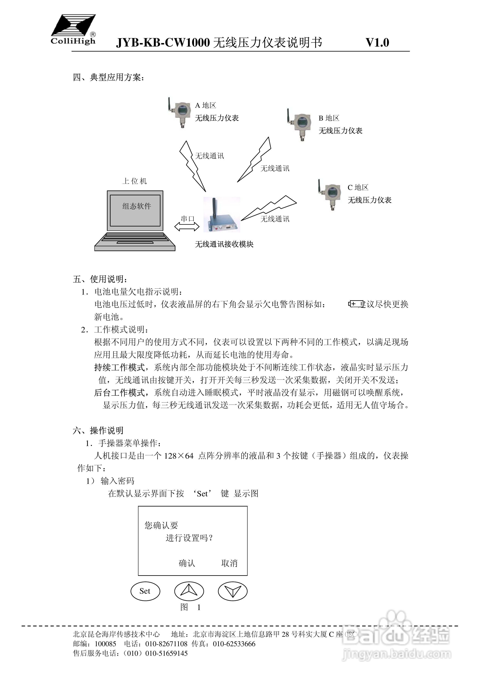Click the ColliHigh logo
pyautogui.click(x=73, y=30)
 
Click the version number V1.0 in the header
pyautogui.click(x=377, y=43)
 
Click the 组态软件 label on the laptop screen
pyautogui.click(x=137, y=206)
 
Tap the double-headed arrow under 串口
pyautogui.click(x=187, y=227)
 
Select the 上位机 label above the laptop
pyautogui.click(x=135, y=181)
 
